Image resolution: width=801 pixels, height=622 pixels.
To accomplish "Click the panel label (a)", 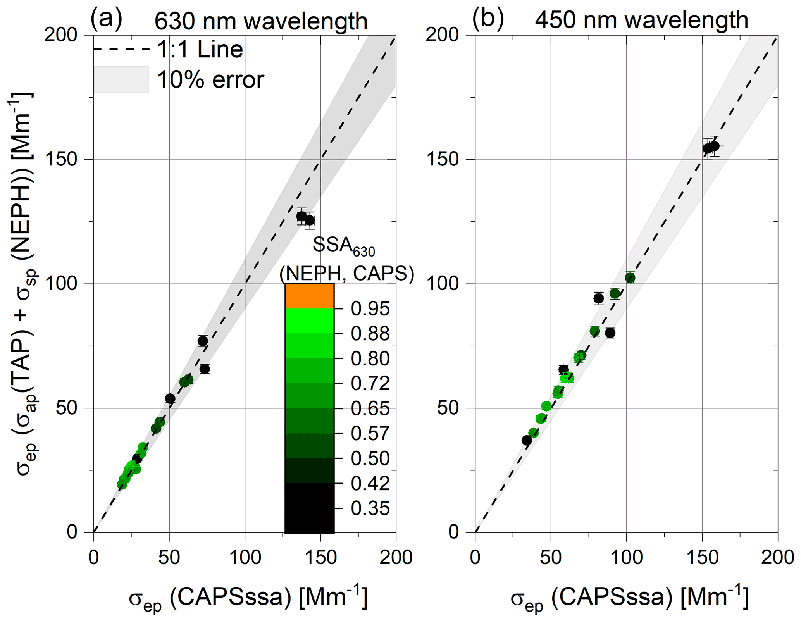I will click(106, 19).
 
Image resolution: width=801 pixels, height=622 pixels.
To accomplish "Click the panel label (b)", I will click(488, 19).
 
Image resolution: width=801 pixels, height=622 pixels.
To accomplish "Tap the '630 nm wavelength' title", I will click(261, 21).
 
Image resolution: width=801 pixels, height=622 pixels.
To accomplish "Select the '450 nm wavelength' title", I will click(642, 20).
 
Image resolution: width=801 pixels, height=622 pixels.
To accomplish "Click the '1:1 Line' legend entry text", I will click(200, 50).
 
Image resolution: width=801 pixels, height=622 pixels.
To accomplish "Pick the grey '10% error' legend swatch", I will click(121, 79).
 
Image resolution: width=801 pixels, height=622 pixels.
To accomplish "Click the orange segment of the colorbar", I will click(309, 296).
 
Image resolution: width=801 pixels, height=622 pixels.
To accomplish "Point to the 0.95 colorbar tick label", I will click(370, 309).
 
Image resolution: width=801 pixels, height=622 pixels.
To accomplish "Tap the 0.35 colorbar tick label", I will click(370, 508).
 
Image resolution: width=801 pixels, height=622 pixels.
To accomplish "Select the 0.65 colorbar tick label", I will click(370, 409).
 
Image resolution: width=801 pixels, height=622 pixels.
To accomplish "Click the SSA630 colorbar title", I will click(344, 246).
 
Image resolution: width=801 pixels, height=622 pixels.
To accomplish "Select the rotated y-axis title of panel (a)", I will click(24, 284).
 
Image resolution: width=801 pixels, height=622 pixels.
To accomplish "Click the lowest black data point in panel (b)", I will click(527, 440).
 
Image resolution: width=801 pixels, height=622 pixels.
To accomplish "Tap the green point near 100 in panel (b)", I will click(630, 277).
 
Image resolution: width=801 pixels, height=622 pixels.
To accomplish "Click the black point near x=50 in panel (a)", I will click(170, 398).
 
